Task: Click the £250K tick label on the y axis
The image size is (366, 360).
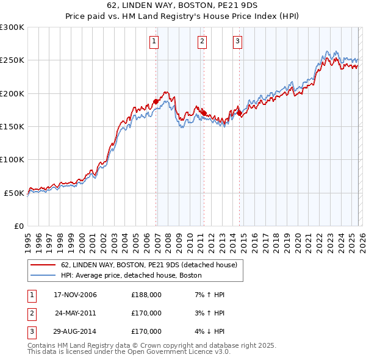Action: [x=12, y=60]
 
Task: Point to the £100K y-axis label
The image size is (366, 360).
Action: [x=12, y=159]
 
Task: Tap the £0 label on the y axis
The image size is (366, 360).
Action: [x=18, y=226]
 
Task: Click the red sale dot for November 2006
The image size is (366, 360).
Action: [x=156, y=101]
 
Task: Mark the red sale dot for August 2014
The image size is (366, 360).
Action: [x=239, y=113]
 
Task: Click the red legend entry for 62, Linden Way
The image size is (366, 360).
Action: [x=152, y=265]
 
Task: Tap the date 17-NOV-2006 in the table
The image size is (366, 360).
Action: [x=75, y=295]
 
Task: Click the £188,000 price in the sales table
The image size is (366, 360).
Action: [x=146, y=295]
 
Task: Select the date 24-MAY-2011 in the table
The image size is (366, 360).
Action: [x=75, y=313]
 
